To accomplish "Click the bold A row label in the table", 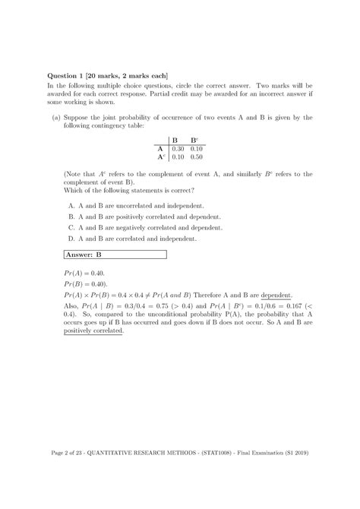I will pyautogui.click(x=161, y=150).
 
